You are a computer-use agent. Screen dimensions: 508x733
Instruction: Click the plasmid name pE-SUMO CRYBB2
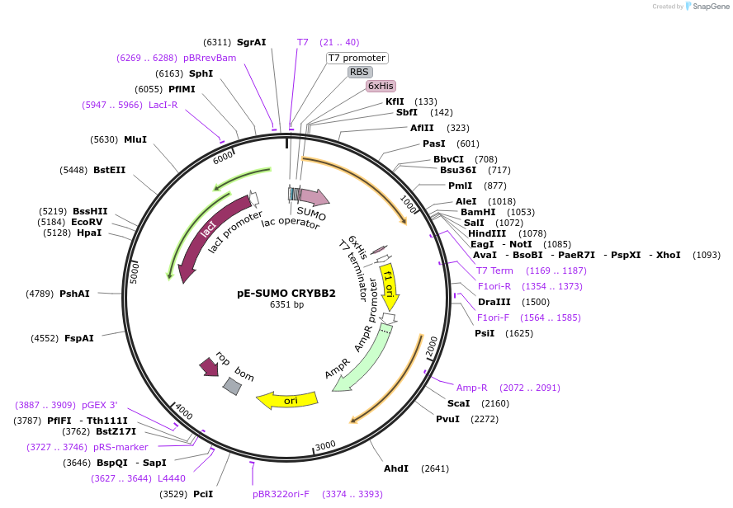(286, 293)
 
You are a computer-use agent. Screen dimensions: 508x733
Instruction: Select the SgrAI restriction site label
(251, 42)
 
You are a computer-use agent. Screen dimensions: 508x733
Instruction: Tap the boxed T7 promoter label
(357, 58)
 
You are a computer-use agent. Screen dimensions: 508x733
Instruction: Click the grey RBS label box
(359, 72)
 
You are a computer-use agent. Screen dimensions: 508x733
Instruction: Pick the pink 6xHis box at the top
(381, 86)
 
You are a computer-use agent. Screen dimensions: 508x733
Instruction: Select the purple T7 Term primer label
(494, 270)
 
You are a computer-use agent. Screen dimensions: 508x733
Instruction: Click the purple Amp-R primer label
(472, 388)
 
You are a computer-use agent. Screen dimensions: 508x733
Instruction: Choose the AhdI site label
(396, 468)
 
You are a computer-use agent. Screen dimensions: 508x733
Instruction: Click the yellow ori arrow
(287, 400)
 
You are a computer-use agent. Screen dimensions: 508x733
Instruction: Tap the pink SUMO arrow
(314, 197)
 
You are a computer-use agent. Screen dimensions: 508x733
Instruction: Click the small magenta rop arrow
(209, 367)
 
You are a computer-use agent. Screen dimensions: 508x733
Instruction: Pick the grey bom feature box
(233, 384)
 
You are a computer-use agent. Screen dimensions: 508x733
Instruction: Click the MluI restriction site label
(135, 139)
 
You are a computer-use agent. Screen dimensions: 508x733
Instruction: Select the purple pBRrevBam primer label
(210, 58)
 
